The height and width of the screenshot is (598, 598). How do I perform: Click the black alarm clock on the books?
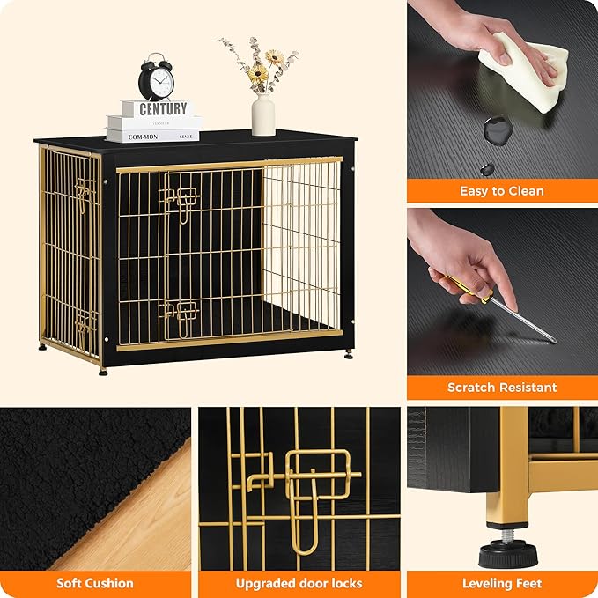tap(156, 80)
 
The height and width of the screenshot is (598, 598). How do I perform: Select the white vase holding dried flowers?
tap(263, 114)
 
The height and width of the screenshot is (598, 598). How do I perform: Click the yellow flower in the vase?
tap(257, 74)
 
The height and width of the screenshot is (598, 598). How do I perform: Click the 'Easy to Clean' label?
tap(501, 191)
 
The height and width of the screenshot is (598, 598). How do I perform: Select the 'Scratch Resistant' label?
tap(501, 388)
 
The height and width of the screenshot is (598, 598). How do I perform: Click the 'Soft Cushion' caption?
tap(95, 583)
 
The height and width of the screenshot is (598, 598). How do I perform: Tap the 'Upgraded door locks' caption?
tap(299, 583)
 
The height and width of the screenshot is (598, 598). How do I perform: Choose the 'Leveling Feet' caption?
tap(501, 583)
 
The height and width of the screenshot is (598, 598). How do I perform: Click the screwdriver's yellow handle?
tap(468, 290)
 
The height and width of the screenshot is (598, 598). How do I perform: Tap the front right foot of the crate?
tap(349, 354)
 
